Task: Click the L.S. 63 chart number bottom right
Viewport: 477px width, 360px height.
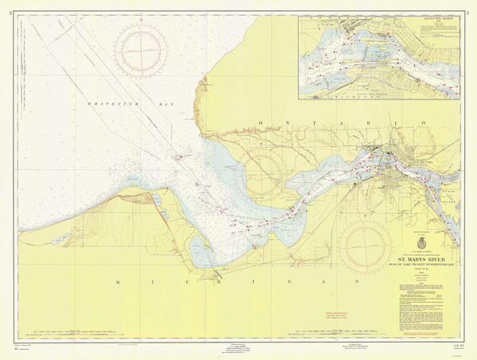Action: pos(458,350)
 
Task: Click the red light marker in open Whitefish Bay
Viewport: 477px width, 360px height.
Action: pos(181,156)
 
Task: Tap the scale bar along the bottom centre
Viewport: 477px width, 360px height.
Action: pos(238,350)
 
